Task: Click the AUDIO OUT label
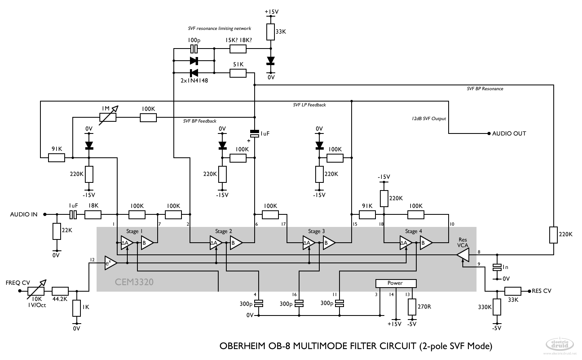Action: [x=509, y=133]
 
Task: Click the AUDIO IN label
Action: [x=23, y=214]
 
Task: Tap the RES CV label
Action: [x=541, y=291]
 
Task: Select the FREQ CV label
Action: [x=18, y=282]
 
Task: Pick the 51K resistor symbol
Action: [x=238, y=73]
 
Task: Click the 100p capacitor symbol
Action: [x=194, y=49]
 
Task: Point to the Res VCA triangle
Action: [x=463, y=255]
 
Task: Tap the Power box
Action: [x=395, y=283]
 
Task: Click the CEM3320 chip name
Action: [x=134, y=282]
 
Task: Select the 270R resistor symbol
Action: [x=412, y=307]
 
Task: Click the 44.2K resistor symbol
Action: [x=60, y=291]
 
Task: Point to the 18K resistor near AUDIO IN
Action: [x=93, y=214]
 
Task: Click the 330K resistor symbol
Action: [x=497, y=307]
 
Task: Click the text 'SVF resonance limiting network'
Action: [x=219, y=29]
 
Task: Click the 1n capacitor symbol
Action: [x=497, y=267]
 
